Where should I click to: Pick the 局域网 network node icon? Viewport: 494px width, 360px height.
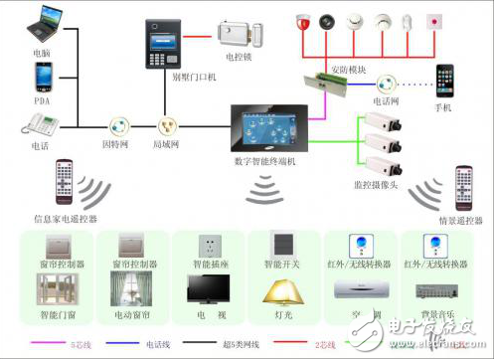click(x=166, y=126)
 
